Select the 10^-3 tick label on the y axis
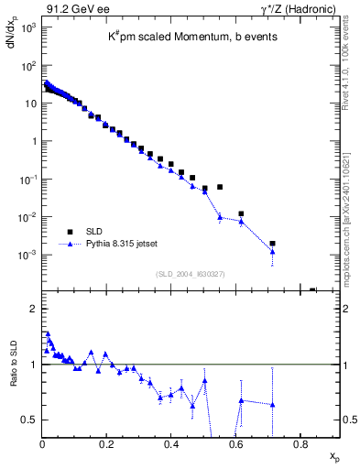pyautogui.click(x=27, y=255)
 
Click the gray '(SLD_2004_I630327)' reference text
pyautogui.click(x=191, y=274)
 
